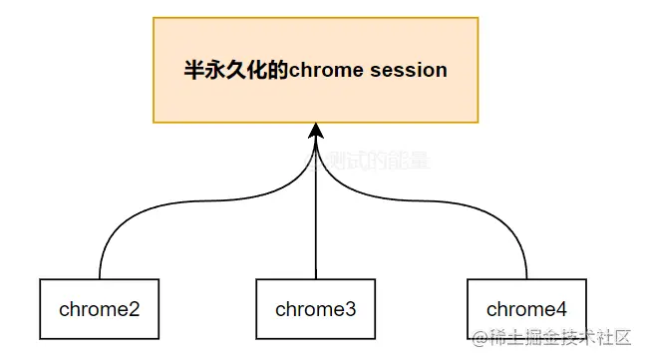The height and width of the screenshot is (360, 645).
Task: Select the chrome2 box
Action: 100,308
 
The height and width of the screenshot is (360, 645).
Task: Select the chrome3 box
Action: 316,308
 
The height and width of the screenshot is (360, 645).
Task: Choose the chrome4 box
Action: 526,308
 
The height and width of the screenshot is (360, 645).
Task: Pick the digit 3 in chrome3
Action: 351,309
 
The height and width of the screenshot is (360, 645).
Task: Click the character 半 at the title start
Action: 195,71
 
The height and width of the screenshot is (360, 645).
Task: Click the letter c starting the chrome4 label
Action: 491,309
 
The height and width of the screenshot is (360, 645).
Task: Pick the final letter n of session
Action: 442,71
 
